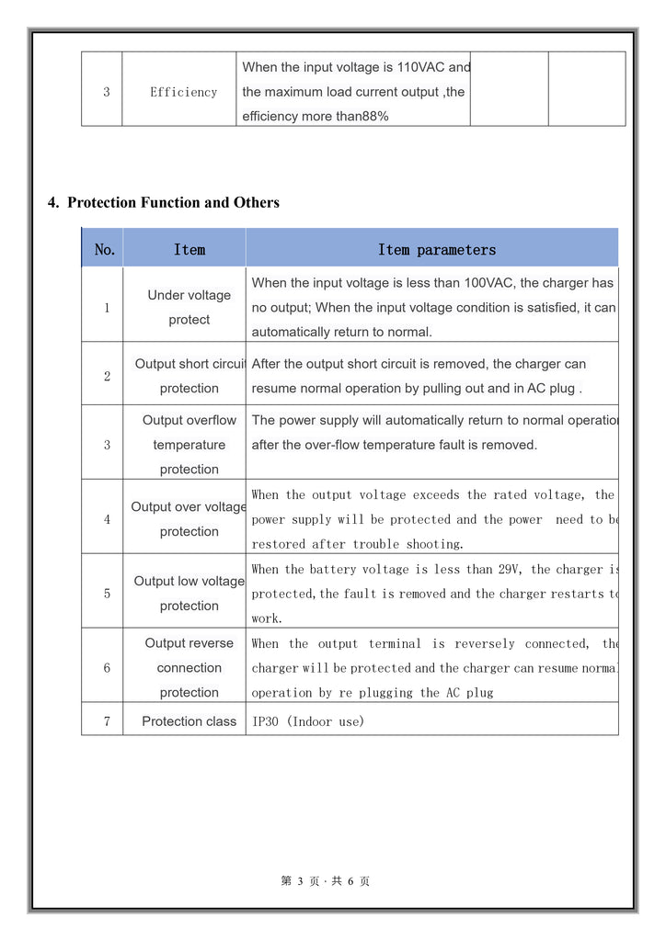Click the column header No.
coord(105,250)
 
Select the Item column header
coord(189,250)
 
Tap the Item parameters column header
coord(436,250)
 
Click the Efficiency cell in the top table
coord(183,92)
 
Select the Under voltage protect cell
coord(189,308)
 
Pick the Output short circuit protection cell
coord(189,376)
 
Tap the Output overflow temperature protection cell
coord(189,445)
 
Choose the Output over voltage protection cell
coord(189,519)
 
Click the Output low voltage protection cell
coord(189,594)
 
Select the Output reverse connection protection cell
coord(189,668)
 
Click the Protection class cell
coord(189,721)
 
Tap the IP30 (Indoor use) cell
coord(308,721)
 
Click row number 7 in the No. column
coord(107,721)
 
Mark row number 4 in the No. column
coord(107,519)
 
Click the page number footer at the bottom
coord(326,881)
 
